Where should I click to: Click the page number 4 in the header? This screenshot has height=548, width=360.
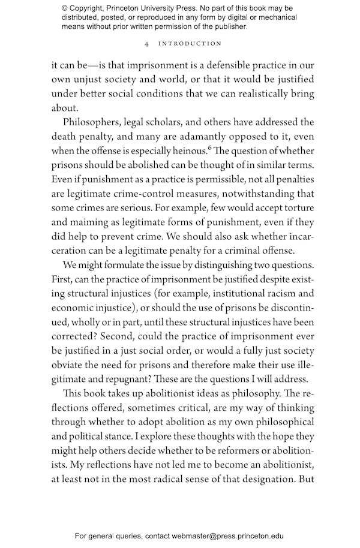pos(147,44)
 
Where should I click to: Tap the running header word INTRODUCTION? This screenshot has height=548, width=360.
pos(190,44)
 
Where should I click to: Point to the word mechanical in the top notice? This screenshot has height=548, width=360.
pos(274,17)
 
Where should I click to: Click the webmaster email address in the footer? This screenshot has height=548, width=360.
pos(227,536)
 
